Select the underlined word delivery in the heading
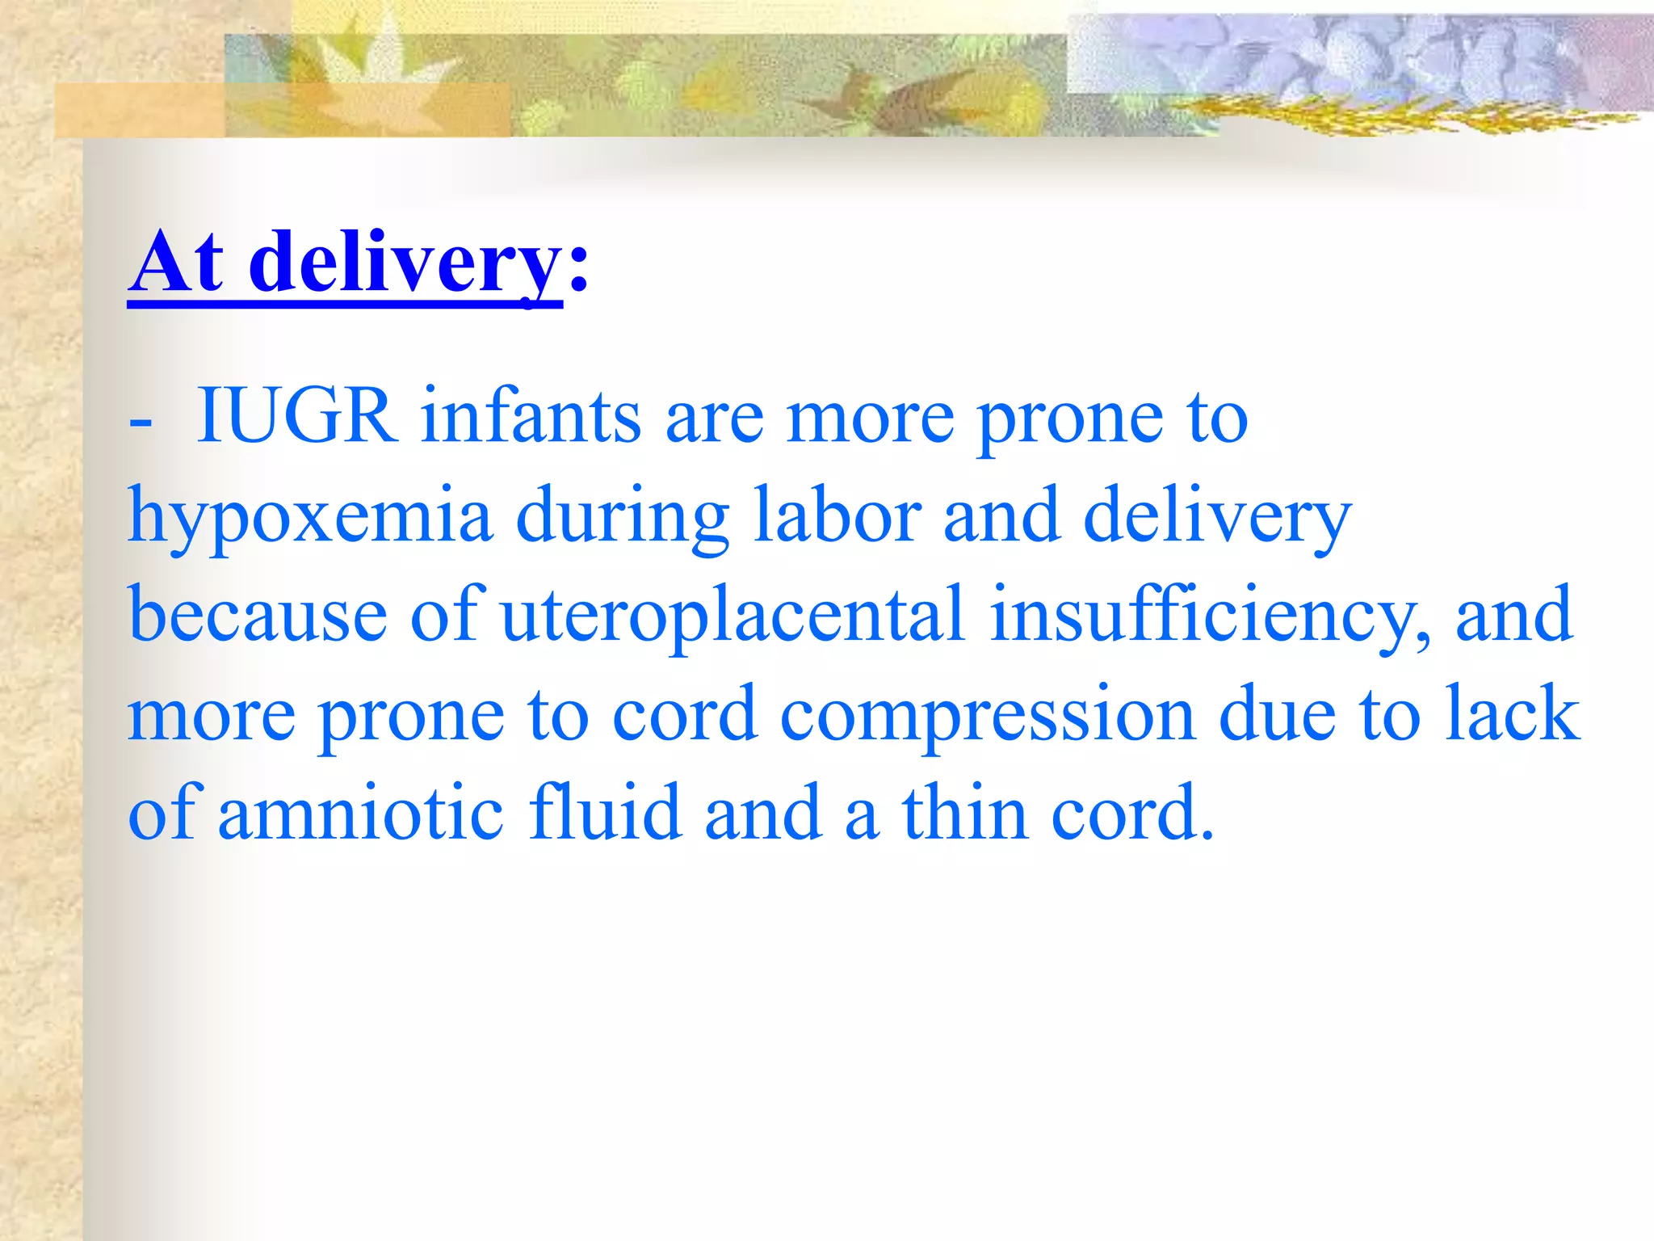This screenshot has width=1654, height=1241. [404, 263]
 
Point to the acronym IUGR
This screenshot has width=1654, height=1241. [297, 417]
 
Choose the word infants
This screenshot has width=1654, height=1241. [531, 417]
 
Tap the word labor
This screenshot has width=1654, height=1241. [837, 515]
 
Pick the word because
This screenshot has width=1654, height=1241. [258, 616]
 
